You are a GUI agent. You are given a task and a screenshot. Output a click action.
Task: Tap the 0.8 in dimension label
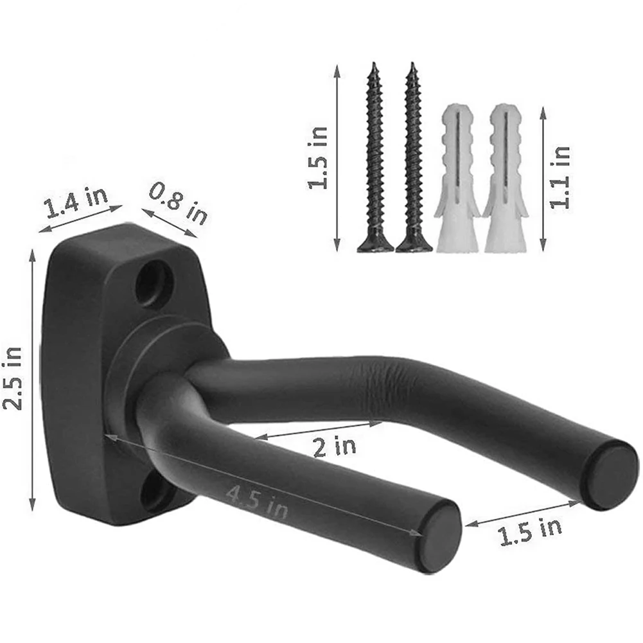tap(179, 202)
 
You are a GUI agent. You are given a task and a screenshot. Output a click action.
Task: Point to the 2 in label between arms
tap(334, 445)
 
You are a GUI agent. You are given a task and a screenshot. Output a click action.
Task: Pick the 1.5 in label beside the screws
tap(318, 157)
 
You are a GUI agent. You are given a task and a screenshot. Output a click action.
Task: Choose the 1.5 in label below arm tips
tap(531, 531)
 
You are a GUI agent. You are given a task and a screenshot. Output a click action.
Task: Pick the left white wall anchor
tap(458, 180)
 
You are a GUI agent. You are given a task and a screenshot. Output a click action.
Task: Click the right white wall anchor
tap(506, 180)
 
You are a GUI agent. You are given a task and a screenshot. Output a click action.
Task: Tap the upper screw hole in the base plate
tap(154, 281)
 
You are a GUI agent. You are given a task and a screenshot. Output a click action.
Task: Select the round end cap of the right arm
tap(611, 474)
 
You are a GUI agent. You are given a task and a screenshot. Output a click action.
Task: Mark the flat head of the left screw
tap(375, 244)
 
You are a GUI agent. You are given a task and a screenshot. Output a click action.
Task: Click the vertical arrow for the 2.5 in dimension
tap(33, 379)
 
